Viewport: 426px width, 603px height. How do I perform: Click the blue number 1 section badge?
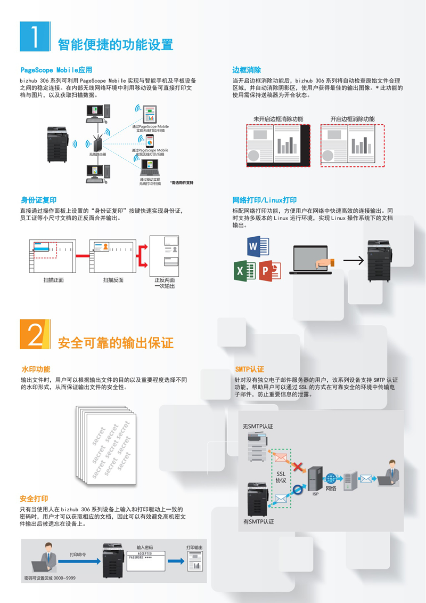pyautogui.click(x=35, y=37)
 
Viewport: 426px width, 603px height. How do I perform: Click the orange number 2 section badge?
pyautogui.click(x=35, y=334)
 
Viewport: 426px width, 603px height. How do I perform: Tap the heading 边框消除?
pyautogui.click(x=247, y=70)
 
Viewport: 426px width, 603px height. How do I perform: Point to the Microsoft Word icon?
pyautogui.click(x=260, y=247)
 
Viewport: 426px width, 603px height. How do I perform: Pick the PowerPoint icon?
pyautogui.click(x=270, y=271)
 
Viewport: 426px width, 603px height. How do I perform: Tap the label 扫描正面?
pyautogui.click(x=54, y=280)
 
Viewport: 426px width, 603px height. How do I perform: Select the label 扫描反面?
pyautogui.click(x=113, y=280)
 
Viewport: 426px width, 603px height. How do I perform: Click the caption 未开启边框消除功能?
pyautogui.click(x=278, y=119)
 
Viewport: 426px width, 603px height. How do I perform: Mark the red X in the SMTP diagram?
pyautogui.click(x=300, y=468)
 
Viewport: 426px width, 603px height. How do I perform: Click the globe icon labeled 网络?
pyautogui.click(x=331, y=478)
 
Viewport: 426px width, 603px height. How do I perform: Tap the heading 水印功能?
pyautogui.click(x=36, y=369)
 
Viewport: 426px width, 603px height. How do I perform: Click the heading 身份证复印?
pyautogui.click(x=39, y=200)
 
